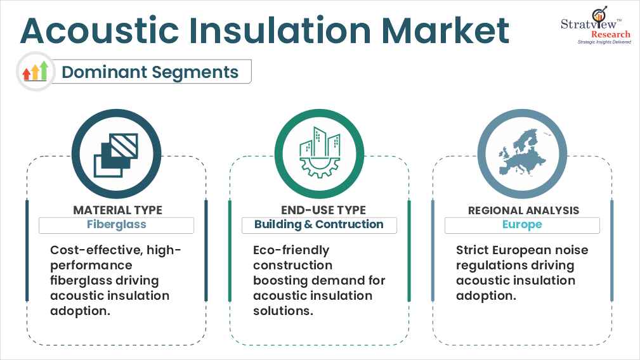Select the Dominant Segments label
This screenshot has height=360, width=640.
(150, 72)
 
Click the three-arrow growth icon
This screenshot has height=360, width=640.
(36, 72)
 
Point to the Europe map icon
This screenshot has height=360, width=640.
(522, 155)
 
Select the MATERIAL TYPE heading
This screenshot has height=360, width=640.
(117, 210)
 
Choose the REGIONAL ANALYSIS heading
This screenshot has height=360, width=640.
(523, 210)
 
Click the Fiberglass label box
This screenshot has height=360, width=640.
(116, 225)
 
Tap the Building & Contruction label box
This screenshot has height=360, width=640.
(319, 225)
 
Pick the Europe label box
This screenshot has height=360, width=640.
(522, 225)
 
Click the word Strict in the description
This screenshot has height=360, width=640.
(473, 250)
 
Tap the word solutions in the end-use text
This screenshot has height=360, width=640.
(282, 311)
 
